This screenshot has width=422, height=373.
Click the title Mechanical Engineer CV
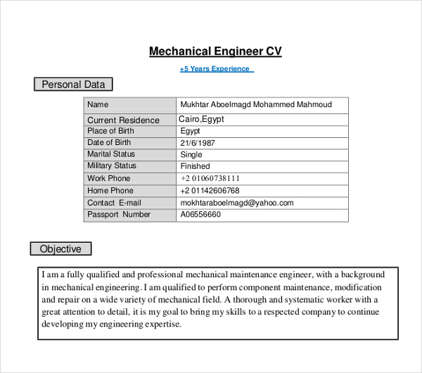(215, 51)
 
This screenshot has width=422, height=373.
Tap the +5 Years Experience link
(215, 69)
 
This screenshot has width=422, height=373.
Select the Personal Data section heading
(73, 84)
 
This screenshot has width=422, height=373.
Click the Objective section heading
(60, 248)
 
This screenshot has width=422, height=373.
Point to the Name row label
(98, 105)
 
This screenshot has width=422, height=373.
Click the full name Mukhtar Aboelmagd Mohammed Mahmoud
(255, 105)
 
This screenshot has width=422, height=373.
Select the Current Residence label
(123, 120)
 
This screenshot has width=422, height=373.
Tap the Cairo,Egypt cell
(202, 120)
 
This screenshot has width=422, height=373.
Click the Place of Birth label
(110, 131)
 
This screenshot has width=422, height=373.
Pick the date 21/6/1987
(198, 143)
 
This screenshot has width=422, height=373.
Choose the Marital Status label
(111, 154)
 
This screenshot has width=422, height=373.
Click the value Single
(191, 155)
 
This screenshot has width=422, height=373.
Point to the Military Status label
(112, 166)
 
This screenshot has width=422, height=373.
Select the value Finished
(195, 166)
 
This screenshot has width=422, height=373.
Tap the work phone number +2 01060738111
(210, 179)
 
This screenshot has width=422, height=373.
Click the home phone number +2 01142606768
(210, 191)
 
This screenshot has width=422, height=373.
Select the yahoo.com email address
(237, 203)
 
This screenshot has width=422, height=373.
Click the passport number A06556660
(200, 215)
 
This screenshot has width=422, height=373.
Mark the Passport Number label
(119, 215)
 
